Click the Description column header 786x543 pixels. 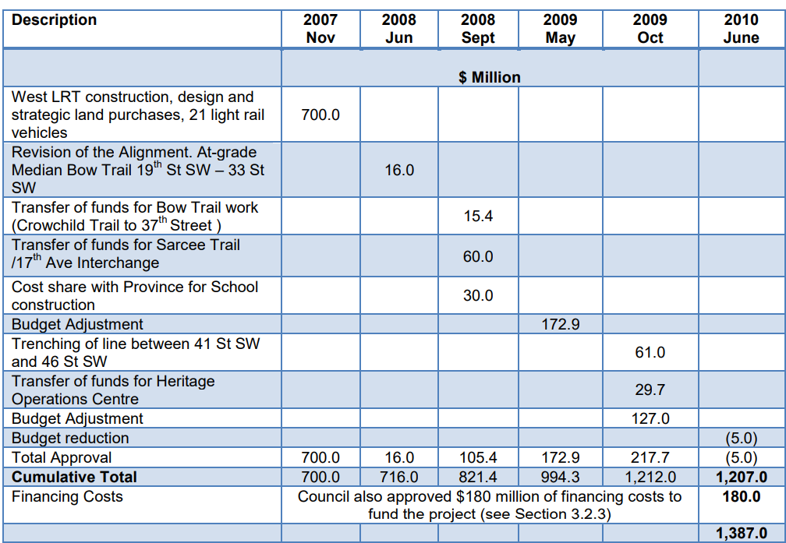55,20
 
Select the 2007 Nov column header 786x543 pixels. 320,29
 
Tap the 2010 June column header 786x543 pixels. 741,29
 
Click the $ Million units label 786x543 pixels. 490,77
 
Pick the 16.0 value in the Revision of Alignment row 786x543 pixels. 399,170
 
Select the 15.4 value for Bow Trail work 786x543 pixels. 478,217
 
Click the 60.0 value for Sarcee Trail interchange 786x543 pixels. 478,256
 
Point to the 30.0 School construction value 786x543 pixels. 478,295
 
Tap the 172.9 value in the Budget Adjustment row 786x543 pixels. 561,324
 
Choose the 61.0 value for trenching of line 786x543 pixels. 650,352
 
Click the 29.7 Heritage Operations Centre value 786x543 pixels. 650,390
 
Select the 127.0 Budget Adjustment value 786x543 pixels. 650,418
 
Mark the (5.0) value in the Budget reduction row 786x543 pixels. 741,438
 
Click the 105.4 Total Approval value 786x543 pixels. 478,457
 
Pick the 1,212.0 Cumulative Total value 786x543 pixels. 650,477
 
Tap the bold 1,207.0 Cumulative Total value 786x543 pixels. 741,477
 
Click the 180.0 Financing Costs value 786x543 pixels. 741,496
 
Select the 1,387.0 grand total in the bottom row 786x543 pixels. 741,534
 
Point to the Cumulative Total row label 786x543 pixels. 74,477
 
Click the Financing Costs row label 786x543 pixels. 67,496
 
